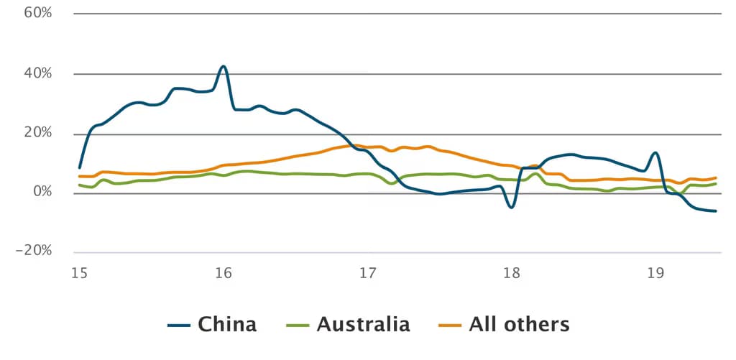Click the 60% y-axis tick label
37,13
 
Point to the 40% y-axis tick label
37,73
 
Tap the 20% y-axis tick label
37,133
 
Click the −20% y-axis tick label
34,251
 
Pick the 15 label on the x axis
79,273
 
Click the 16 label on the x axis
224,273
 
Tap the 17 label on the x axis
367,273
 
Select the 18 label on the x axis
512,273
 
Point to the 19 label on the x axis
655,273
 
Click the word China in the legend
227,324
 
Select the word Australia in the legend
363,324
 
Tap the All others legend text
519,324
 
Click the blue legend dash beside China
179,326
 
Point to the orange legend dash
450,326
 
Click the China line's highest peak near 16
224,66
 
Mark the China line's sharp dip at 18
511,207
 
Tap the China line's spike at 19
655,152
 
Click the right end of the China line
716,211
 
